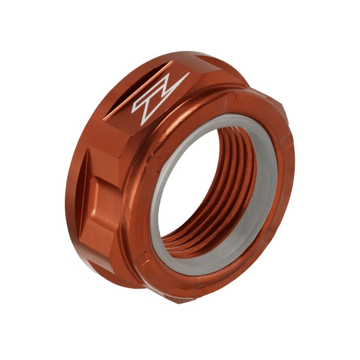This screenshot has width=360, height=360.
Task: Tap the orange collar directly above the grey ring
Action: point(222,105)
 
